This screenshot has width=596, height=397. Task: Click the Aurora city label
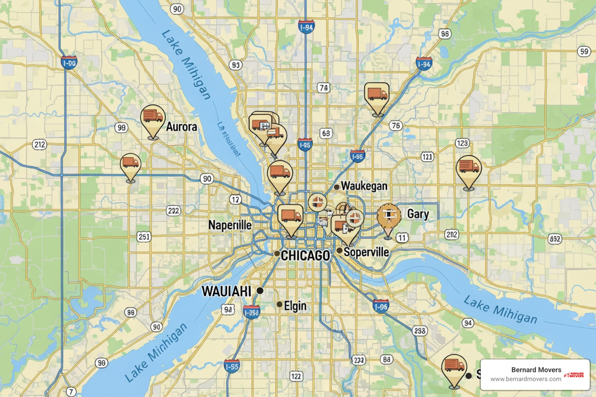click(181, 127)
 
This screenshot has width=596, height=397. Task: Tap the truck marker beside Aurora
click(153, 117)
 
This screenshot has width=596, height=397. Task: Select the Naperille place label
click(230, 225)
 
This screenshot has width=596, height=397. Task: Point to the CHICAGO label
click(305, 255)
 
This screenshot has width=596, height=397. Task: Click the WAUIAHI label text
click(227, 291)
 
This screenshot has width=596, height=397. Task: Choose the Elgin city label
click(295, 306)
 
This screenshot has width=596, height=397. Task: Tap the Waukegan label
click(364, 186)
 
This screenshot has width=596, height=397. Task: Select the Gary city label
click(418, 214)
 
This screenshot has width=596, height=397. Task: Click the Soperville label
click(366, 252)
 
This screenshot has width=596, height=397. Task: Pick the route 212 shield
click(40, 145)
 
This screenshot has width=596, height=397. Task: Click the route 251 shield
click(144, 236)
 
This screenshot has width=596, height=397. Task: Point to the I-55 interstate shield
click(232, 366)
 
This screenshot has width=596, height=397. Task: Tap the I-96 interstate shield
click(381, 306)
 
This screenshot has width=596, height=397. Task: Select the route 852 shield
click(555, 239)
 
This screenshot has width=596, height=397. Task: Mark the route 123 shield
click(462, 143)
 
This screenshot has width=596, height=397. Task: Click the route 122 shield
click(296, 376)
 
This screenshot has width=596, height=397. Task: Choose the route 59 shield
click(584, 52)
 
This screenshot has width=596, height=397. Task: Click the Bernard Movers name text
click(536, 370)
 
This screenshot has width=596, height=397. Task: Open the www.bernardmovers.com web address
click(525, 379)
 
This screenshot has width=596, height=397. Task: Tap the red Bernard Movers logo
click(575, 375)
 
